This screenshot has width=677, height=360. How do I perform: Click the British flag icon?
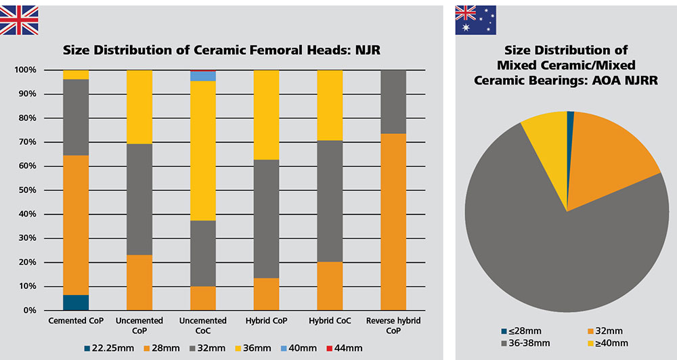[18, 20]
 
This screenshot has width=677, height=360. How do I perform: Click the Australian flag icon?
[475, 20]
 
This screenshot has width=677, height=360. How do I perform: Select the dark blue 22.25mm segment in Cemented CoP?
[76, 302]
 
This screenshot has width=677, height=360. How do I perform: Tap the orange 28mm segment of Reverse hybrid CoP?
[393, 221]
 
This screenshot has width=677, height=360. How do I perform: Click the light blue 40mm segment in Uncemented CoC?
[203, 76]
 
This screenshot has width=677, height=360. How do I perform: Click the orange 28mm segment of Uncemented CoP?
[139, 282]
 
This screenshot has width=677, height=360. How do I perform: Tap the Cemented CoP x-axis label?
[76, 320]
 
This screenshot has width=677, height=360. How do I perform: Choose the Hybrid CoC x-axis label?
[330, 320]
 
